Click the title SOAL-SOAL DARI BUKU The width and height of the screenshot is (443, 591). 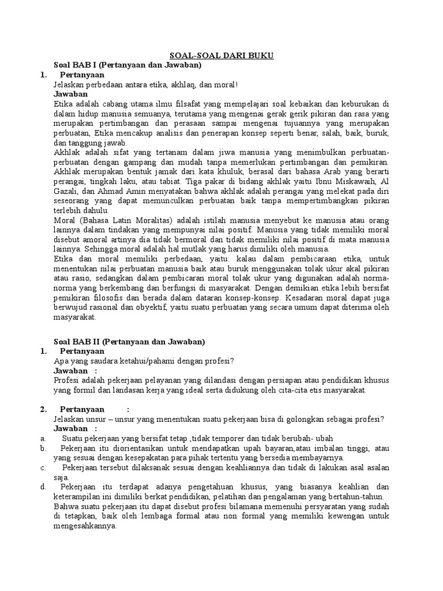[x=221, y=55]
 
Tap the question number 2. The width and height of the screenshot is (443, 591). [x=43, y=409]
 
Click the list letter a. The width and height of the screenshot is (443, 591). [x=43, y=438]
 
